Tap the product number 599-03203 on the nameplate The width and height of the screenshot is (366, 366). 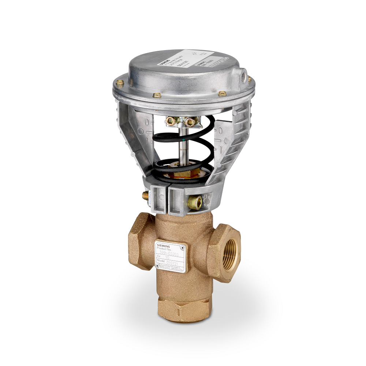pos(172,252)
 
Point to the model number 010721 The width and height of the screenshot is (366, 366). pos(174,262)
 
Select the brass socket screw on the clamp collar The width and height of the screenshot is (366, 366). pos(195,201)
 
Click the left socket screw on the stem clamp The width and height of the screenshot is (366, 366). pos(170,121)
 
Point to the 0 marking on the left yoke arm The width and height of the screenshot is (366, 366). pos(147,122)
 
